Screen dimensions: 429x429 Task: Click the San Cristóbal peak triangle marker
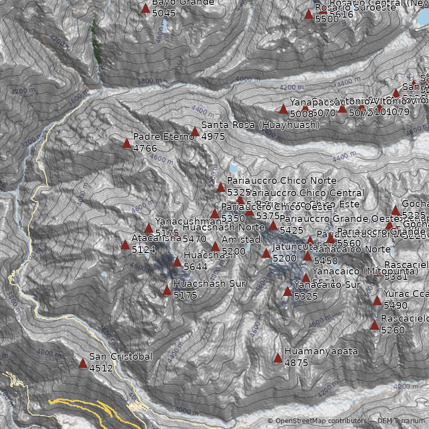[x=83, y=364]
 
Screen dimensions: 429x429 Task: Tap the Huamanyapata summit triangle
[x=278, y=358]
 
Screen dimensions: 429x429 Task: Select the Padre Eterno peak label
[x=163, y=137]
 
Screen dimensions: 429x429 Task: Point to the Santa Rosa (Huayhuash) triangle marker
[x=195, y=132]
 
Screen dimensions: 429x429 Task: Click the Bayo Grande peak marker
[x=145, y=9]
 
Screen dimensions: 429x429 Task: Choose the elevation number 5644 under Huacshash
[x=195, y=267]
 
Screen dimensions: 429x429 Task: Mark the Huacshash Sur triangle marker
[x=167, y=291]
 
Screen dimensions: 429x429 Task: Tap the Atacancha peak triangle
[x=125, y=245]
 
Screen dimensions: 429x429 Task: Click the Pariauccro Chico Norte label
[x=282, y=181]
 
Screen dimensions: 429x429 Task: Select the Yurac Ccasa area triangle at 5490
[x=377, y=301]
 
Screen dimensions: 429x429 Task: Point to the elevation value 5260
[x=393, y=330]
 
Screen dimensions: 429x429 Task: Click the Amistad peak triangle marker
[x=215, y=247]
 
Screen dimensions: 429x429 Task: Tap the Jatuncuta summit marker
[x=266, y=254]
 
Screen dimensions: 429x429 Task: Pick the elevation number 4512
[x=101, y=368]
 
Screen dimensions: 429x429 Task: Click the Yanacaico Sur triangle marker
[x=287, y=292]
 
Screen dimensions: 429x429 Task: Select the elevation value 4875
[x=296, y=363]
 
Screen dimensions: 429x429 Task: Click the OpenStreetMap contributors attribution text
[x=317, y=421]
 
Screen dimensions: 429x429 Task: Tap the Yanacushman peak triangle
[x=149, y=228]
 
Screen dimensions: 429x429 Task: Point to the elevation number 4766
[x=145, y=148]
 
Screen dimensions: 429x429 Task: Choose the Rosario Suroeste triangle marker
[x=308, y=14]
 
